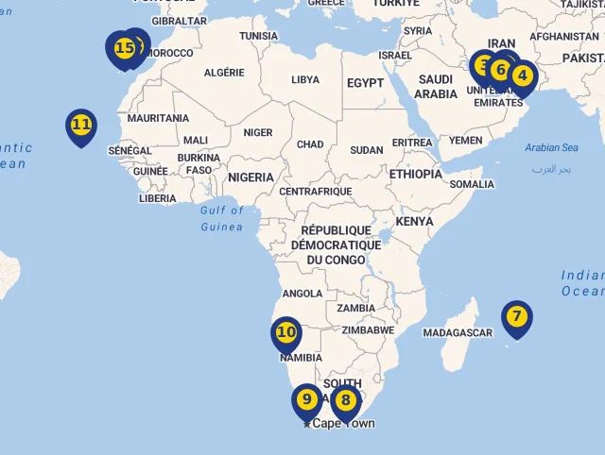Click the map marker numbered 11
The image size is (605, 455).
(x=81, y=125)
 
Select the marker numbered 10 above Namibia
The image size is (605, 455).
(x=285, y=332)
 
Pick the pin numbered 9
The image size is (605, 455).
(x=306, y=399)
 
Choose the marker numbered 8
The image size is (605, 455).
(x=346, y=400)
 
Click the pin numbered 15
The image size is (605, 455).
(x=123, y=48)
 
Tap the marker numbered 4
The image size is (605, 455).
(x=522, y=76)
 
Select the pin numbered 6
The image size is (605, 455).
(x=501, y=70)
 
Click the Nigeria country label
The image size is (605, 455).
(x=251, y=177)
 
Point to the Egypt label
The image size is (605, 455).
(x=365, y=83)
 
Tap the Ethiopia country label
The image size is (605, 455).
(x=415, y=175)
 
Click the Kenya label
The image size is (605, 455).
(x=415, y=222)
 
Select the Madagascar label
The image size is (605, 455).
(x=458, y=333)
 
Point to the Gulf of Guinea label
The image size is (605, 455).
(x=221, y=219)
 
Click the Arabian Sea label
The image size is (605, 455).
(x=551, y=148)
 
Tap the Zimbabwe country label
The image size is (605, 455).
(x=368, y=330)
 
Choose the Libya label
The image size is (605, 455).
(x=304, y=80)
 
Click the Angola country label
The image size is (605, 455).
(x=302, y=294)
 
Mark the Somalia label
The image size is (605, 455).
(x=472, y=185)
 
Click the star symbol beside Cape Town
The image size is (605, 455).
(x=306, y=424)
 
